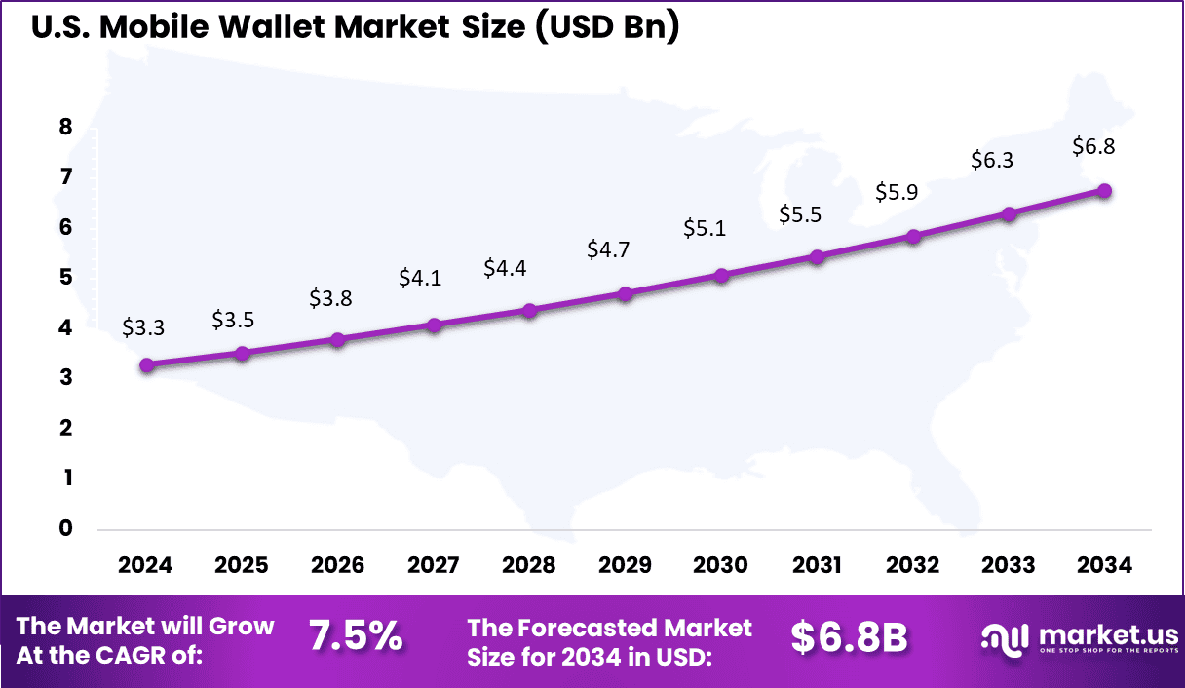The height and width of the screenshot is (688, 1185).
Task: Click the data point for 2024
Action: (146, 365)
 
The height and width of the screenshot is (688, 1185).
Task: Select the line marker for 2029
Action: (626, 293)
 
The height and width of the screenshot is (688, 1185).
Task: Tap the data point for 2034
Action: (1105, 191)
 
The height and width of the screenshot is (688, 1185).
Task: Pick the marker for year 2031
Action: (818, 257)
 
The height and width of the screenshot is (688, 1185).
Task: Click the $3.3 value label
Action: (143, 328)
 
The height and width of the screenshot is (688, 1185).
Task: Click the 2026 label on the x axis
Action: (337, 566)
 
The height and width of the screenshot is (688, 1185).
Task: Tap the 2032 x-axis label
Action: (913, 566)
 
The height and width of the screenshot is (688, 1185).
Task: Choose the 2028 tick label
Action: (529, 566)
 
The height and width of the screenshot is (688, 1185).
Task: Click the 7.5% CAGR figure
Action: (356, 636)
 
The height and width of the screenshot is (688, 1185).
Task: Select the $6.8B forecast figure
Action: (849, 637)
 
